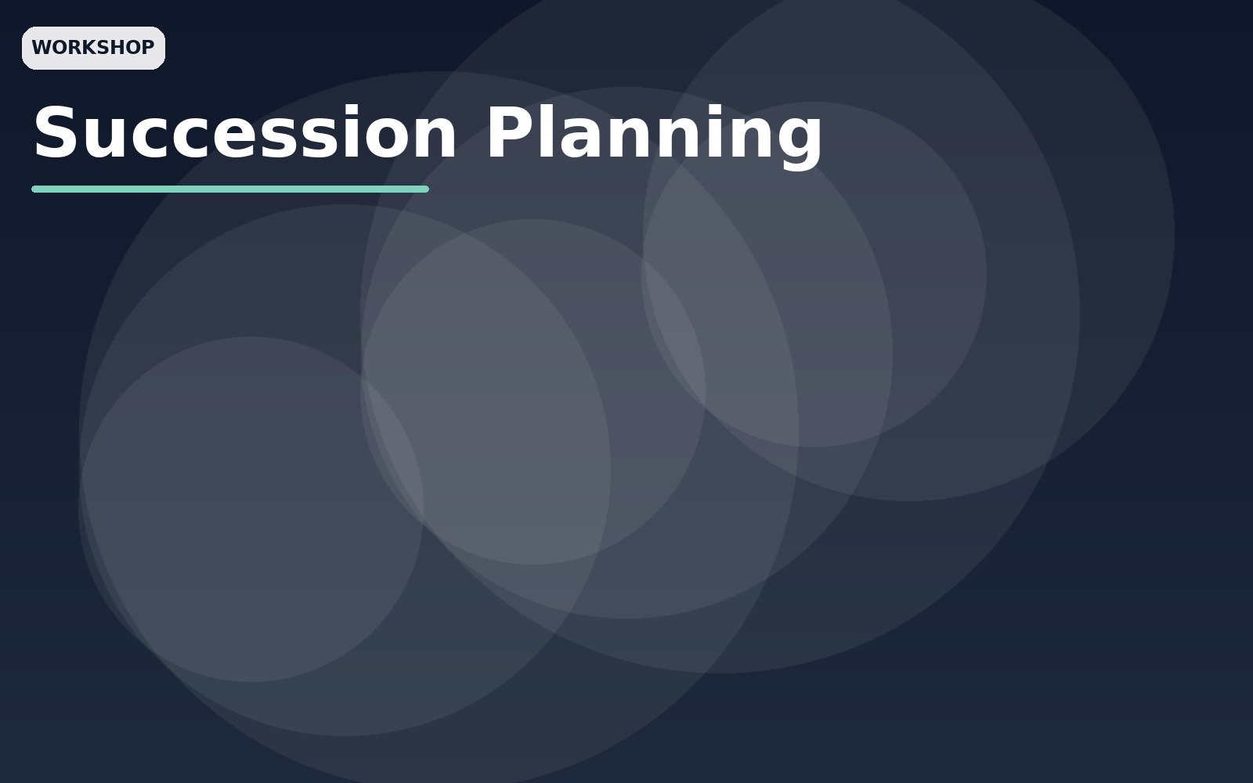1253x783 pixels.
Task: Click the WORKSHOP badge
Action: pos(93,48)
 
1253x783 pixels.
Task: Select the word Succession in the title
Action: pos(245,132)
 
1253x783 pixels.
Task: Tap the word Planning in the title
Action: pos(654,137)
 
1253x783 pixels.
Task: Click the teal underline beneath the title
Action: pos(230,189)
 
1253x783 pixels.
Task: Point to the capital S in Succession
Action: pos(55,132)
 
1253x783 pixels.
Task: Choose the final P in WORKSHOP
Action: pos(148,48)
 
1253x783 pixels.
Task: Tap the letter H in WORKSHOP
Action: pos(117,48)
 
